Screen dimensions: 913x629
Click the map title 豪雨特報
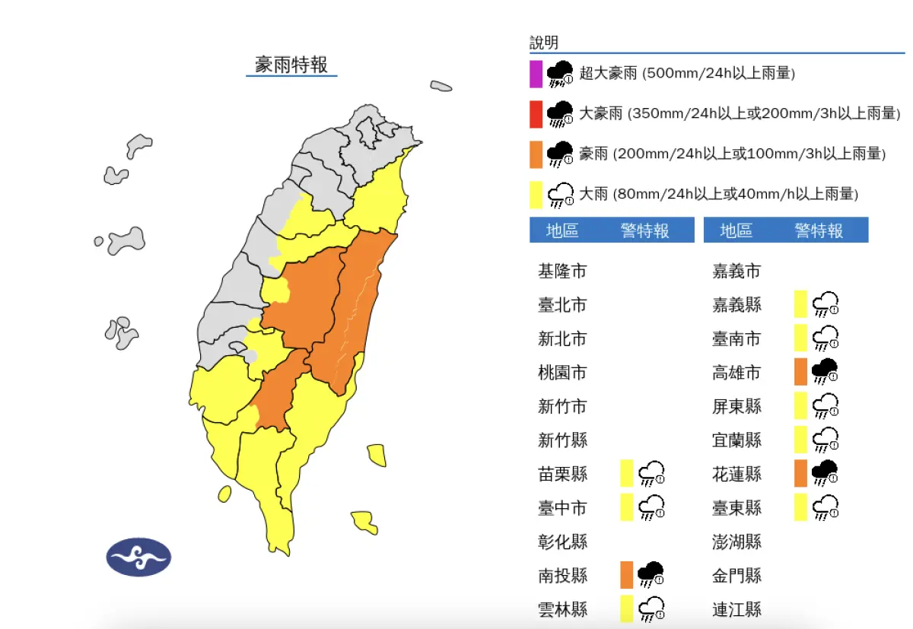tap(291, 65)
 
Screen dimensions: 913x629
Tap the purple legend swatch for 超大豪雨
tap(536, 74)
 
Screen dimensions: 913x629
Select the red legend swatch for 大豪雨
tap(536, 113)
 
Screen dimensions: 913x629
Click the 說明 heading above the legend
tap(544, 43)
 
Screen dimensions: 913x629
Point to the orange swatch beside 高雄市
tap(800, 372)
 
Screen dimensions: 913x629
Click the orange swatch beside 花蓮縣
tap(800, 473)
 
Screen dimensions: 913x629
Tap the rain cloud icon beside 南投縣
tap(651, 574)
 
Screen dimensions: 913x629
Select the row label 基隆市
tap(562, 271)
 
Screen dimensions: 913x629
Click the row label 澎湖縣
tap(736, 542)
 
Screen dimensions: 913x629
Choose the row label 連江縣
tap(736, 609)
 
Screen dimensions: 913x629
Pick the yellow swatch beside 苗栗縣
tap(626, 473)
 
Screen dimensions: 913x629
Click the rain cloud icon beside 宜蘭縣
tap(826, 440)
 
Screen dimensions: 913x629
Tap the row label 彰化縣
tap(562, 542)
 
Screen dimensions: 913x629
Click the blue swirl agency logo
tap(138, 557)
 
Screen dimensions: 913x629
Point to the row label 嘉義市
tap(736, 271)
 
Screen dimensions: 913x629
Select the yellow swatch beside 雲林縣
tap(626, 608)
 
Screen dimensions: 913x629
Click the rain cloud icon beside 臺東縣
tap(826, 507)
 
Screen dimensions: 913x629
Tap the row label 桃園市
tap(562, 373)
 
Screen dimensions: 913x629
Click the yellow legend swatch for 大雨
tap(536, 194)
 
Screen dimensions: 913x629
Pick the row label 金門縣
tap(736, 576)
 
